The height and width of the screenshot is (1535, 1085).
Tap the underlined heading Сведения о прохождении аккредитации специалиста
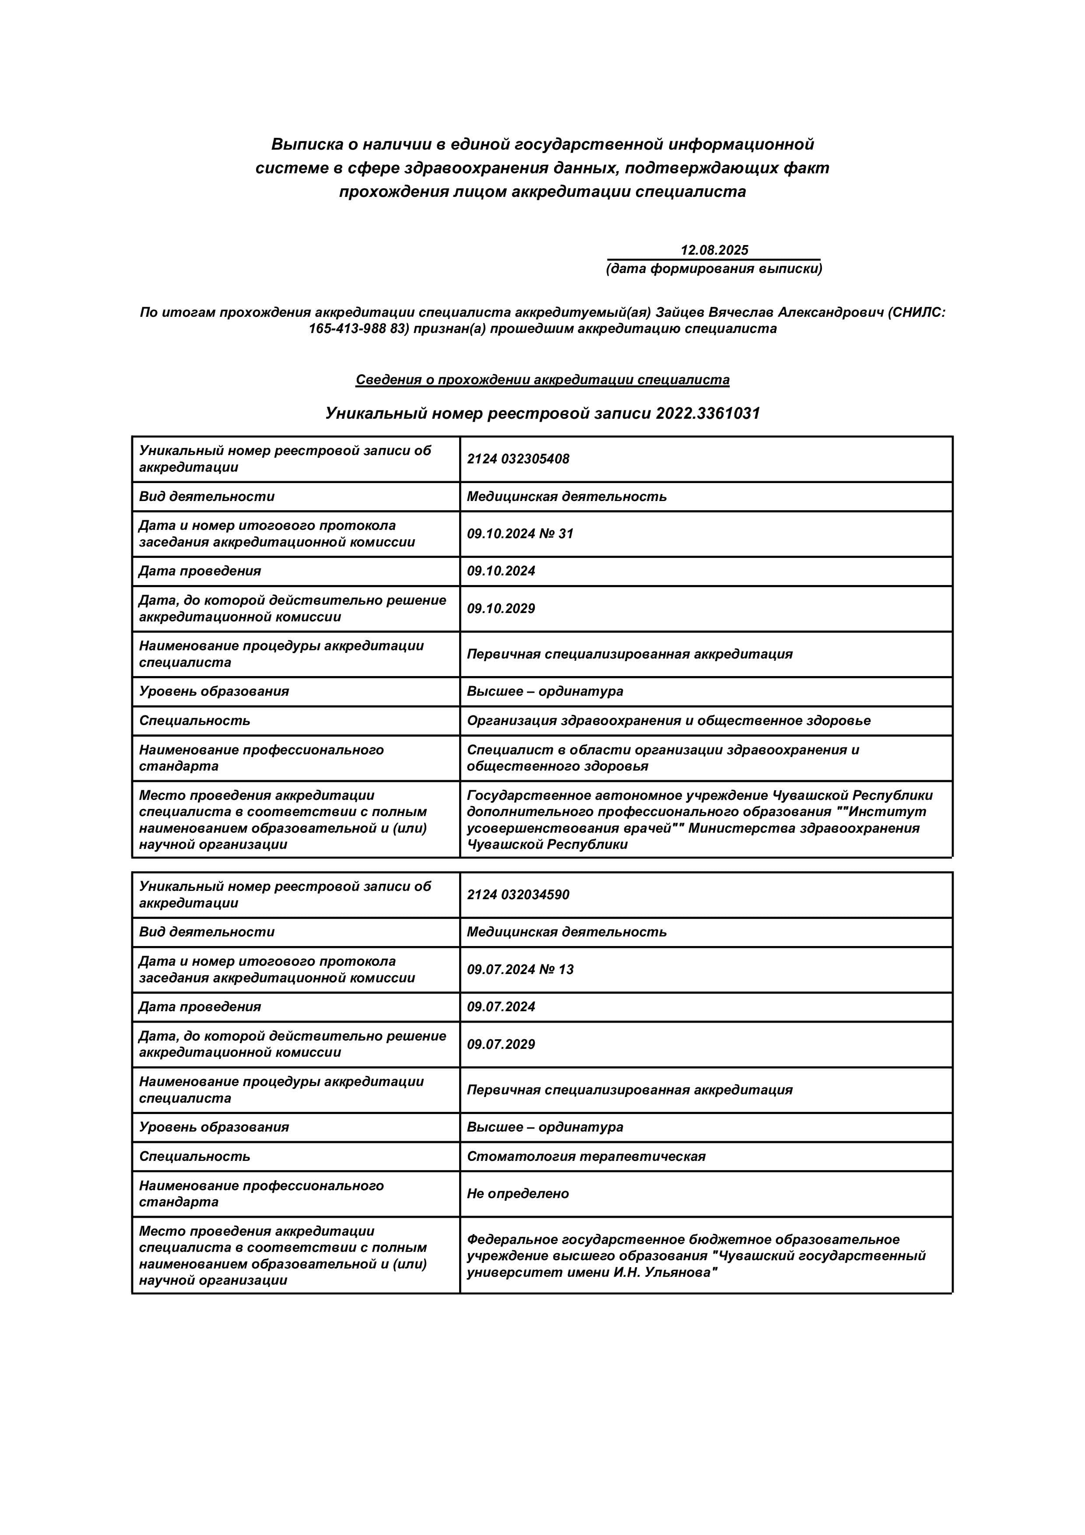point(542,380)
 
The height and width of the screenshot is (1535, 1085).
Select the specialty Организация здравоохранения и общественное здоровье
point(668,720)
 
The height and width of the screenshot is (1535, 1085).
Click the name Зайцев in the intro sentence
point(679,312)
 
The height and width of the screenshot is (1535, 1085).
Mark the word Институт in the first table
point(896,812)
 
